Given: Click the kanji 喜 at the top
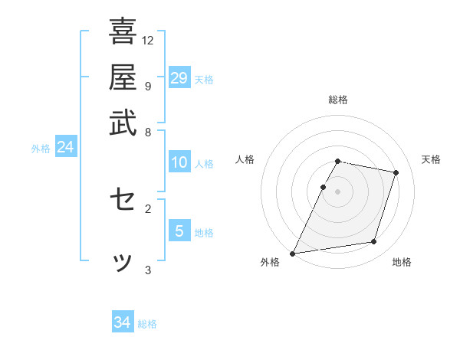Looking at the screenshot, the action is [123, 31].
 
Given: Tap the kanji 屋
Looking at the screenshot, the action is [123, 77].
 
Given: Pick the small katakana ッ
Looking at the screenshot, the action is [123, 263].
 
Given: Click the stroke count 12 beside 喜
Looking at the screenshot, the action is [148, 40].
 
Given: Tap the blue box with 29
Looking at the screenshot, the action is [179, 78].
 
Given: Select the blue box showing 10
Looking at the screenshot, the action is [179, 162].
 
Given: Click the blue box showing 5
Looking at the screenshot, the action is [179, 231].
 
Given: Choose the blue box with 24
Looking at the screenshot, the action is [65, 147].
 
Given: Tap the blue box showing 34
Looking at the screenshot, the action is [123, 322].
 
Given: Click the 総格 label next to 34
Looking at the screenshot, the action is [148, 324].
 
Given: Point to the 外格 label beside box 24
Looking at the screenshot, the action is [41, 149].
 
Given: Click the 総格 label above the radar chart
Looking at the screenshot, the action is [338, 100].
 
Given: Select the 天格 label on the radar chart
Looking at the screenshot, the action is [432, 159].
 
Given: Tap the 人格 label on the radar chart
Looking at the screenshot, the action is [245, 159].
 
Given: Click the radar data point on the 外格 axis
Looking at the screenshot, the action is [293, 253].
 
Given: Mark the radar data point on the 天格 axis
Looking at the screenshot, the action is [396, 172].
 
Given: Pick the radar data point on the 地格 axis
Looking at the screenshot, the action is [374, 242].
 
